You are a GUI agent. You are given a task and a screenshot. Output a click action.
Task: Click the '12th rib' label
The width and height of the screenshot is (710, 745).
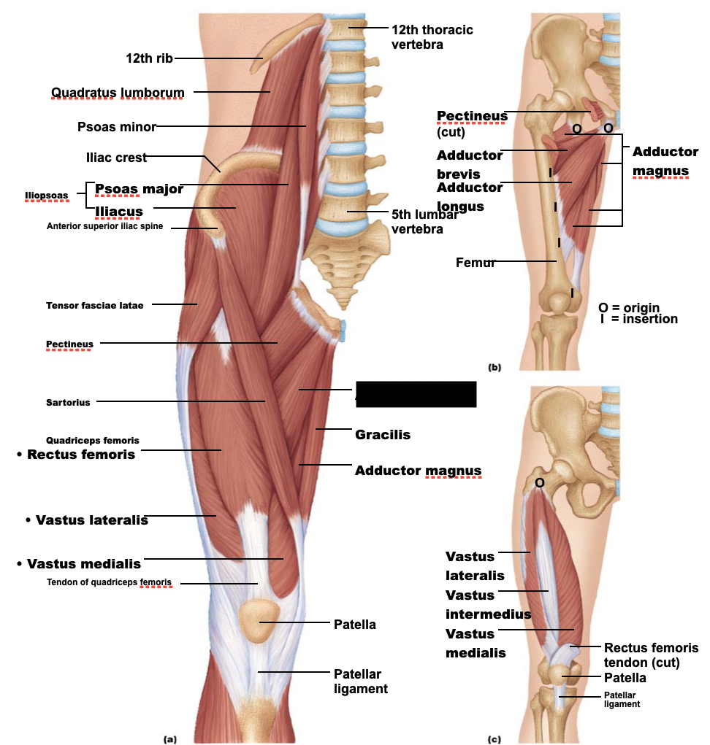point(149,58)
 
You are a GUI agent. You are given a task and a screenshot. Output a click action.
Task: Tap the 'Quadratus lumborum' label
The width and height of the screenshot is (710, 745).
point(118,92)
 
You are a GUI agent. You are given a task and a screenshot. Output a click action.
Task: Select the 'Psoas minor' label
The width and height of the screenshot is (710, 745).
point(117,127)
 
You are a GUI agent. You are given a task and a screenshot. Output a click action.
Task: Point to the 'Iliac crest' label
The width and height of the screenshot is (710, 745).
point(116,158)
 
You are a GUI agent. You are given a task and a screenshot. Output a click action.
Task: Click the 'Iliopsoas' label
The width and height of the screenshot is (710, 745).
point(46,196)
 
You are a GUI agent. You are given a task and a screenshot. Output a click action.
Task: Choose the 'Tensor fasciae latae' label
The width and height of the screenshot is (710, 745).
point(95,305)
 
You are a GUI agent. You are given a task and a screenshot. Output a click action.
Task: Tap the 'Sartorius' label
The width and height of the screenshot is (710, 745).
point(68,402)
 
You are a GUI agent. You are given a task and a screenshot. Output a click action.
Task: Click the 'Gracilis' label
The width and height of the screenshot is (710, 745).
point(382,435)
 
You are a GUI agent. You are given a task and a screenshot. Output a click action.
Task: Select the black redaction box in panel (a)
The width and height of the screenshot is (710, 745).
point(416,394)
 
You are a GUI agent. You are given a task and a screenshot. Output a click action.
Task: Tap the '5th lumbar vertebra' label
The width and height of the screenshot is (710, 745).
point(424,221)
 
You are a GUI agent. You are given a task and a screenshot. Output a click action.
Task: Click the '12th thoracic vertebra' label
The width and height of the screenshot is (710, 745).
point(432,36)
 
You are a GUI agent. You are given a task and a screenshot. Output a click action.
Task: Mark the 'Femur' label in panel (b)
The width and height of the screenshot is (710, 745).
point(476,262)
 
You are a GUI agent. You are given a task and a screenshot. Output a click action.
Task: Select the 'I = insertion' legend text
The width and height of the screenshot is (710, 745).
point(638,319)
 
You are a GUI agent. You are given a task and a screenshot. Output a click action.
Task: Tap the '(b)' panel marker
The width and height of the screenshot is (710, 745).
point(495,368)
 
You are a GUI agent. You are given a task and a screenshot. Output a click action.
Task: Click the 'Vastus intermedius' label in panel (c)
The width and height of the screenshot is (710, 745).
point(488,604)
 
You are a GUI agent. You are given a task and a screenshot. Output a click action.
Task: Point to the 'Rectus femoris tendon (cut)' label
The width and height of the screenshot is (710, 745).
point(651,655)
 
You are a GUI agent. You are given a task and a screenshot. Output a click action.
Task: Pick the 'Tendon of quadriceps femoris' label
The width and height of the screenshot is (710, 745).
point(110,582)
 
